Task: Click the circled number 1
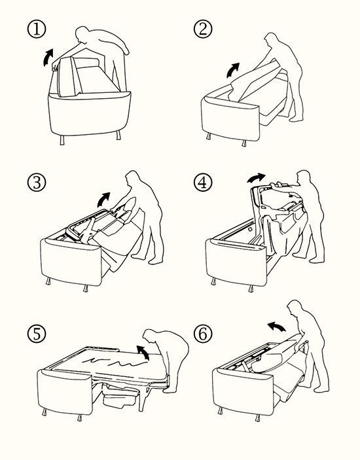pyautogui.click(x=37, y=28)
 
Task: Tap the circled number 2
pyautogui.click(x=203, y=28)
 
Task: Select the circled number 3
pyautogui.click(x=37, y=182)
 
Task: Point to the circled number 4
pyautogui.click(x=203, y=182)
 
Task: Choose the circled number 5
pyautogui.click(x=37, y=334)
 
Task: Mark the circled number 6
pyautogui.click(x=203, y=334)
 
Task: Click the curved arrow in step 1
pyautogui.click(x=47, y=58)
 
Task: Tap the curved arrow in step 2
pyautogui.click(x=232, y=71)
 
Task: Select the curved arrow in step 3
pyautogui.click(x=103, y=200)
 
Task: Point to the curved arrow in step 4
pyautogui.click(x=256, y=177)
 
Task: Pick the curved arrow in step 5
pyautogui.click(x=144, y=352)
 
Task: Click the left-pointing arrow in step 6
pyautogui.click(x=276, y=326)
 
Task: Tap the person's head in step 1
pyautogui.click(x=82, y=34)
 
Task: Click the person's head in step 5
pyautogui.click(x=150, y=336)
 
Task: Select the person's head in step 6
pyautogui.click(x=294, y=308)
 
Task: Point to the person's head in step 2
pyautogui.click(x=270, y=40)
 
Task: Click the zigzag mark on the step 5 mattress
pyautogui.click(x=114, y=361)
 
